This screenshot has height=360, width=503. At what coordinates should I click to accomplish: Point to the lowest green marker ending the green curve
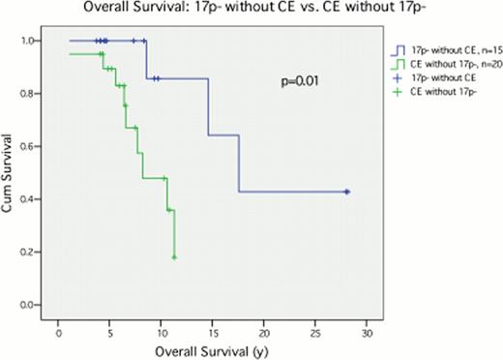[x=174, y=257]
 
